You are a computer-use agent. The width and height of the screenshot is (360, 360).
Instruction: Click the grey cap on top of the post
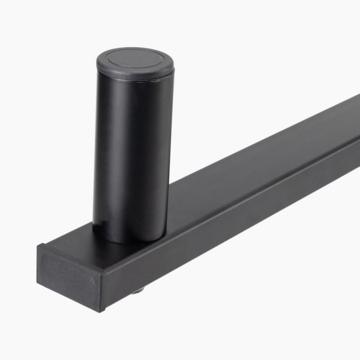pos(135,63)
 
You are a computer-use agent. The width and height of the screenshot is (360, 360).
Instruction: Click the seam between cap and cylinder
pos(135,81)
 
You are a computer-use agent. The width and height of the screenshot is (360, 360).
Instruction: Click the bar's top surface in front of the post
pos(90,250)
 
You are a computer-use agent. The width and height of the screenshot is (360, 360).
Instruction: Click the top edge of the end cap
pos(72,259)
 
